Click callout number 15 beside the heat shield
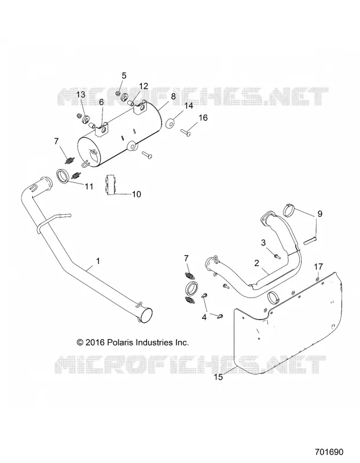[218, 377]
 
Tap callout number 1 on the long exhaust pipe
[98, 261]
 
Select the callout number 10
[137, 194]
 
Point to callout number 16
[203, 117]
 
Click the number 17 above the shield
[318, 267]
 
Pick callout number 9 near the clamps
[320, 214]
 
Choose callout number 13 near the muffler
[80, 94]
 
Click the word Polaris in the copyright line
[120, 342]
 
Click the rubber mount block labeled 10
[111, 185]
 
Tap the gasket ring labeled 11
[62, 176]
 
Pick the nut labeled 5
[117, 93]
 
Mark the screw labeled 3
[277, 256]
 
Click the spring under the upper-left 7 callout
[69, 161]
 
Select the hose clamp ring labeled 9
[289, 210]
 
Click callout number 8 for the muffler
[173, 96]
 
